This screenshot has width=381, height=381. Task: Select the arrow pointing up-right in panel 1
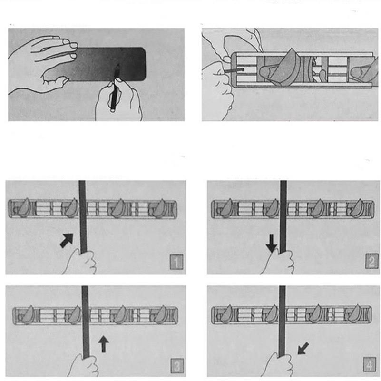(x=67, y=240)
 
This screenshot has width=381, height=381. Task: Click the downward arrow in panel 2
(x=272, y=243)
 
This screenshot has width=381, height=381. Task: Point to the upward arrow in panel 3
(x=104, y=344)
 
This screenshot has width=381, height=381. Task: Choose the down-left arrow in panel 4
(x=303, y=348)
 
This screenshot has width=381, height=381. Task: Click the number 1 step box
(x=176, y=262)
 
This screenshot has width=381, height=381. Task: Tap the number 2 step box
(x=372, y=261)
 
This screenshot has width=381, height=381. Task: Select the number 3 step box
(x=177, y=366)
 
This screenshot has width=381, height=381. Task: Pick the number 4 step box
(x=370, y=364)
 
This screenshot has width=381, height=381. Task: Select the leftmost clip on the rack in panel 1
(x=23, y=208)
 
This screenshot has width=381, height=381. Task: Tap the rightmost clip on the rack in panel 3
(x=159, y=315)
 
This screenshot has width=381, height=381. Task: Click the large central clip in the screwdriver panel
(x=282, y=68)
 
